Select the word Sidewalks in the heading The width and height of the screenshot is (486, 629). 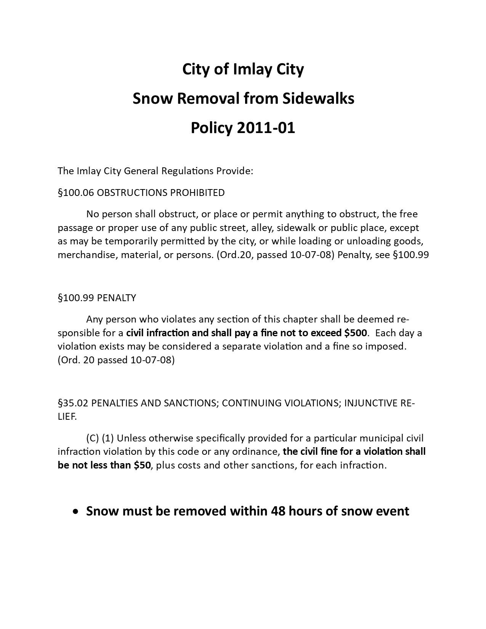click(318, 98)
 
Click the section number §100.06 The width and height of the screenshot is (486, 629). click(75, 193)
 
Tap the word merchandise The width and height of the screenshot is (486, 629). click(87, 255)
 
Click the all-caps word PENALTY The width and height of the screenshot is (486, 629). click(116, 298)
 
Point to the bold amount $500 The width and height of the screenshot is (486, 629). click(356, 333)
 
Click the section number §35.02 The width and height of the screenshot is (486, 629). click(73, 403)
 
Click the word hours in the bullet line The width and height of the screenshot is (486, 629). click(305, 511)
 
